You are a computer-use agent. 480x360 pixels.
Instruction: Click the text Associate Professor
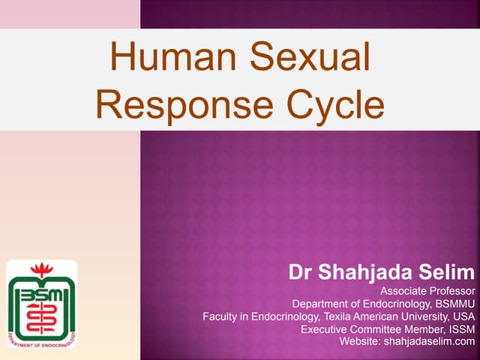pyautogui.click(x=427, y=291)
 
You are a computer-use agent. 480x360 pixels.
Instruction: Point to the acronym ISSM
pyautogui.click(x=460, y=329)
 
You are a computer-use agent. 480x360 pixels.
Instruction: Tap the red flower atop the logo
pyautogui.click(x=41, y=269)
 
